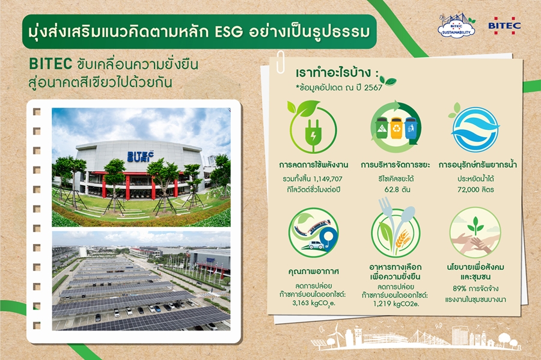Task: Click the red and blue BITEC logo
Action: tap(504, 25)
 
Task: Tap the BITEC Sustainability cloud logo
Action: tap(456, 26)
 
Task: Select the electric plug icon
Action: tap(313, 127)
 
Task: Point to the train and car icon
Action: tap(313, 233)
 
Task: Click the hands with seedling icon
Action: tap(475, 233)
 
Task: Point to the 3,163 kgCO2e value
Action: tap(313, 304)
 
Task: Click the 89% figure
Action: tap(460, 288)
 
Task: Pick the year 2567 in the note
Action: tap(373, 88)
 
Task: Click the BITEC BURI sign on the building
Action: tap(140, 156)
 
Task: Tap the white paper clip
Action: tap(280, 62)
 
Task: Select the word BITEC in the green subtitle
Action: tap(50, 64)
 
